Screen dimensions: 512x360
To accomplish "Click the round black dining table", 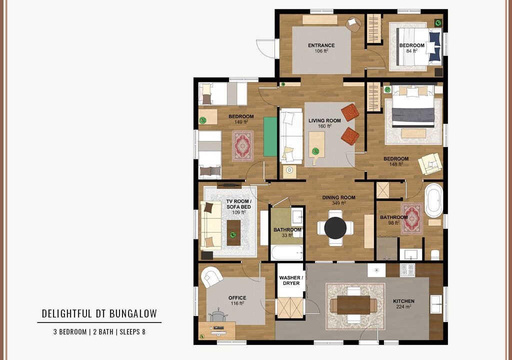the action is [x=335, y=228].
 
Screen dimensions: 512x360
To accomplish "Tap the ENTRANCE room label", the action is [x=321, y=45].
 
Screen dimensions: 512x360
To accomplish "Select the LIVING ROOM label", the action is [x=324, y=120].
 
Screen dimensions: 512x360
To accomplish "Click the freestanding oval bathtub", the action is [x=433, y=200].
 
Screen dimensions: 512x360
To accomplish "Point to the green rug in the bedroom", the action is [x=270, y=136].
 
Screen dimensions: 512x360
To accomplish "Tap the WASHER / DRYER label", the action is [x=291, y=280].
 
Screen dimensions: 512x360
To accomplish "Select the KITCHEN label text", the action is [x=403, y=301].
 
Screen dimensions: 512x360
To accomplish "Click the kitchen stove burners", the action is [x=407, y=270].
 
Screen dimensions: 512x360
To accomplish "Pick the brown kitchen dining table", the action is [x=353, y=305].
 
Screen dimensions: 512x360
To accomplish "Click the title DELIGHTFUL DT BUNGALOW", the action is [x=99, y=313].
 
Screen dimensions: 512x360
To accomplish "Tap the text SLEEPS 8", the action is [x=132, y=332].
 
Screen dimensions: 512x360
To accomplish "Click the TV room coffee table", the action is [x=234, y=232].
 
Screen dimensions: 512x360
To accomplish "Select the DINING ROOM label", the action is [x=338, y=197].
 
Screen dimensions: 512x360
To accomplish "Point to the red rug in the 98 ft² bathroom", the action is [x=412, y=219].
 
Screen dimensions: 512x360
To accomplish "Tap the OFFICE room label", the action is [x=237, y=298].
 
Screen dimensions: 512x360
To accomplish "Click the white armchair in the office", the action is [x=212, y=277].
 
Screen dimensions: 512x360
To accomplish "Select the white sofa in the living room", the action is [x=291, y=136].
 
